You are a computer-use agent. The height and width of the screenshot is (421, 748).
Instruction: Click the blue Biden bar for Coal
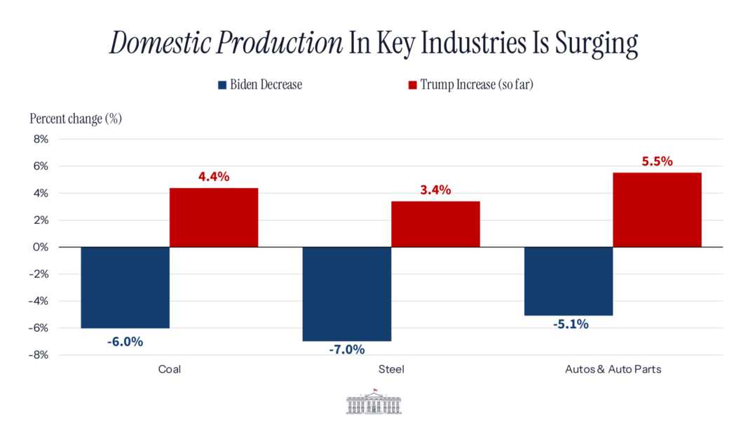tap(125, 288)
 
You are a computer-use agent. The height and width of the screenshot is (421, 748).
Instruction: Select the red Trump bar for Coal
tap(214, 218)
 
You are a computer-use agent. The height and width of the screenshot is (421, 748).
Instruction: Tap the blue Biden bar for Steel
tap(347, 294)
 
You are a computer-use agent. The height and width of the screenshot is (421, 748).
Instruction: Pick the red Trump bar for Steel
tap(435, 225)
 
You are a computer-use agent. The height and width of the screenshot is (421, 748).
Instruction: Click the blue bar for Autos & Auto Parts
tap(569, 281)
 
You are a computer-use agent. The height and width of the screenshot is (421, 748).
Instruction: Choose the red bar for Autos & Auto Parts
tap(657, 210)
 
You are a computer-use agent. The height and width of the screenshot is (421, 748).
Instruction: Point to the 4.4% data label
tap(214, 177)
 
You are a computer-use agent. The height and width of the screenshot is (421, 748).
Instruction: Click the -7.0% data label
tap(347, 349)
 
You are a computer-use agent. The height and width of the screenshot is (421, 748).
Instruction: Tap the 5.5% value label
tap(657, 161)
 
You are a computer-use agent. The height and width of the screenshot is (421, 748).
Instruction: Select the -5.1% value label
tap(569, 324)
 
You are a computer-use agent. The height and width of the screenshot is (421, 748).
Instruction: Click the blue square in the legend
tap(222, 85)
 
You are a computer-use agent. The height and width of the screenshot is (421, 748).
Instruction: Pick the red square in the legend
tap(412, 85)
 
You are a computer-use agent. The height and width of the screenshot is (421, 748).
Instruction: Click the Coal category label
tap(170, 369)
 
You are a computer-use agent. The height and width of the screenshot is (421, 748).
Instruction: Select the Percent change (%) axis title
tap(76, 118)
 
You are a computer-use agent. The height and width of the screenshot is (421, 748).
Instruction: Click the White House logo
tap(374, 403)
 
